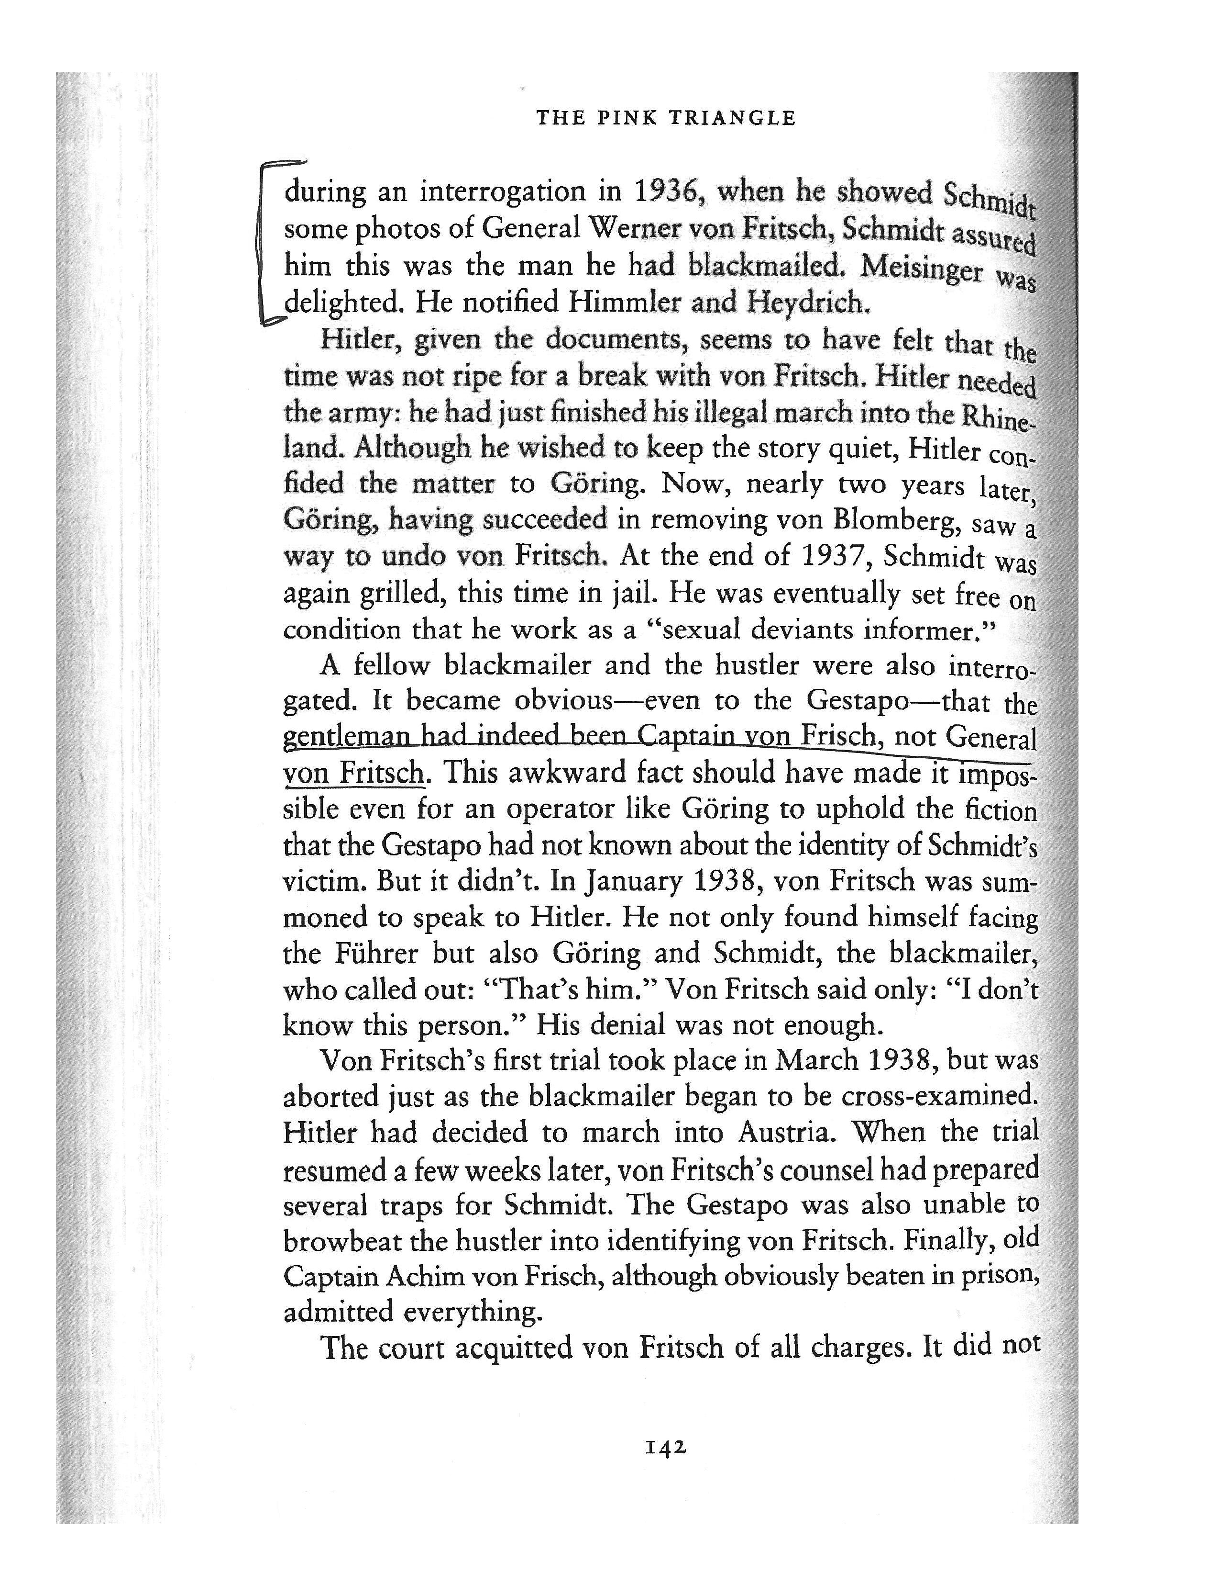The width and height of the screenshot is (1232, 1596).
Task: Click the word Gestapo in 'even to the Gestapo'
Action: click(x=857, y=701)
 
